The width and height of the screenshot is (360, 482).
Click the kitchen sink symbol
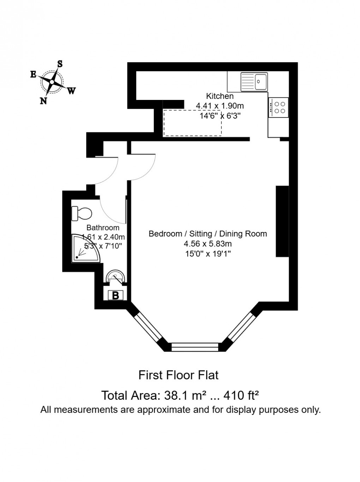click(x=254, y=82)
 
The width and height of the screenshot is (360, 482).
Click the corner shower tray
click(x=85, y=249)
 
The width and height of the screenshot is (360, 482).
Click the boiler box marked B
click(x=115, y=295)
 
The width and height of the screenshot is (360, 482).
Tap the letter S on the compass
click(x=60, y=64)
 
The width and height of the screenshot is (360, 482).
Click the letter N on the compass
click(x=43, y=101)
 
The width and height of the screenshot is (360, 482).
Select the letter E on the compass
click(x=33, y=74)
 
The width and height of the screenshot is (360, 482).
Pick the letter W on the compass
click(x=71, y=91)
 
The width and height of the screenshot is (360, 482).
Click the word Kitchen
click(x=220, y=96)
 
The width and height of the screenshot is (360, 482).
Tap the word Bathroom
click(x=103, y=228)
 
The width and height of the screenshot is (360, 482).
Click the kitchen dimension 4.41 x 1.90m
click(x=220, y=106)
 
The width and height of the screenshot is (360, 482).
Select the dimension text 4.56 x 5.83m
click(x=208, y=244)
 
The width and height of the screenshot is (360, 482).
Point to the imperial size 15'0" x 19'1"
click(x=208, y=254)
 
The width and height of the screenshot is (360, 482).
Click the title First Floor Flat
click(x=179, y=375)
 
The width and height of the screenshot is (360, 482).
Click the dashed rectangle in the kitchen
click(x=192, y=123)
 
